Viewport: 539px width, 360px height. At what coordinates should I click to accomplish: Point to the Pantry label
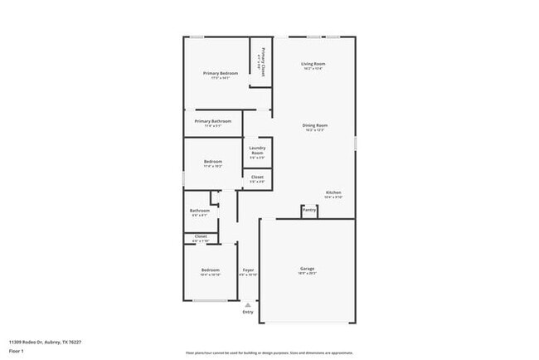pyautogui.click(x=309, y=210)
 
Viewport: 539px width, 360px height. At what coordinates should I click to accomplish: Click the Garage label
pyautogui.click(x=307, y=269)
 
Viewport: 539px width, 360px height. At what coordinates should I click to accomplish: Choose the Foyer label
pyautogui.click(x=248, y=270)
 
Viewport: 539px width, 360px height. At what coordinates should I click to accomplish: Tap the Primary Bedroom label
pyautogui.click(x=221, y=73)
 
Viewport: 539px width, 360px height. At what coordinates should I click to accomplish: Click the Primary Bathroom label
pyautogui.click(x=213, y=121)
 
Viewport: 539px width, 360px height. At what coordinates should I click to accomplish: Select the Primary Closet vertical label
pyautogui.click(x=263, y=62)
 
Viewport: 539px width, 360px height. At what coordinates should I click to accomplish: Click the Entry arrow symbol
pyautogui.click(x=248, y=305)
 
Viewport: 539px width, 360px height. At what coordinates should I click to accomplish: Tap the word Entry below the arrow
pyautogui.click(x=248, y=312)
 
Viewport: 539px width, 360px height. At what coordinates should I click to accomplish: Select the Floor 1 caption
pyautogui.click(x=17, y=351)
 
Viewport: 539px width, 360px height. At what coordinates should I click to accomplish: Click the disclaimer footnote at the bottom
pyautogui.click(x=269, y=353)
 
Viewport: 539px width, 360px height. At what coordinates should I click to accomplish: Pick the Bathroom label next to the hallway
pyautogui.click(x=199, y=211)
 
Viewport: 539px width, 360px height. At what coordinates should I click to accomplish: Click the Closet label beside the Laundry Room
pyautogui.click(x=257, y=177)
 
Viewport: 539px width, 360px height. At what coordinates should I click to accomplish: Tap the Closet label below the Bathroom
pyautogui.click(x=201, y=236)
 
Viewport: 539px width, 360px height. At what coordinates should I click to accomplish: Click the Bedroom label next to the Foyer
pyautogui.click(x=210, y=270)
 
